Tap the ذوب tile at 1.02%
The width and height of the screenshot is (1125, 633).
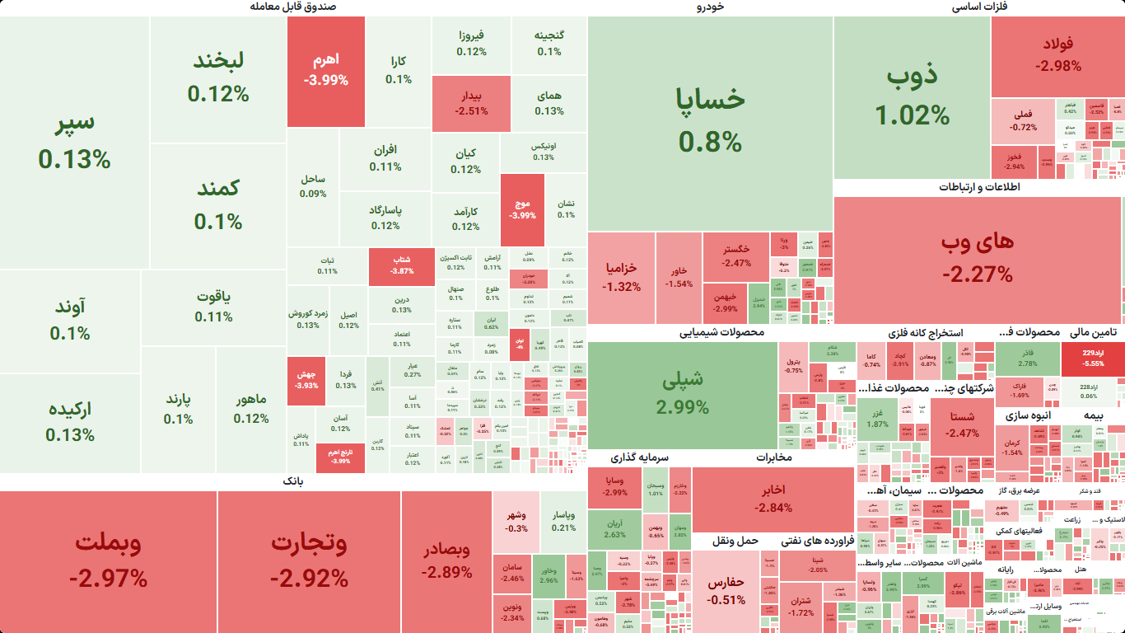pos(912,96)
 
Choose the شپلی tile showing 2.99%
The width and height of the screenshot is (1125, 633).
pos(683,393)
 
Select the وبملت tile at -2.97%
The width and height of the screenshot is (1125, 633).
pos(108,560)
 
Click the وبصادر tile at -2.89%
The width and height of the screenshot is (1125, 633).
pos(446,560)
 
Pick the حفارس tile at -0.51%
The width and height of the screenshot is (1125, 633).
pos(726,590)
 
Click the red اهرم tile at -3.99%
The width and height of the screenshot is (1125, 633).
pos(326,71)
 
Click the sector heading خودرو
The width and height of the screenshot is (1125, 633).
pos(710,7)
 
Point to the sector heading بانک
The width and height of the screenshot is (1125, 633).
pos(293,481)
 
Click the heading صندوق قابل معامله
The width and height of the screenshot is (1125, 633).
pos(292,7)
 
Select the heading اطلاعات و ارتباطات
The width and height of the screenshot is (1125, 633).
pos(978,187)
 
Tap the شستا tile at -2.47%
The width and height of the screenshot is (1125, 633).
pos(961,424)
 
